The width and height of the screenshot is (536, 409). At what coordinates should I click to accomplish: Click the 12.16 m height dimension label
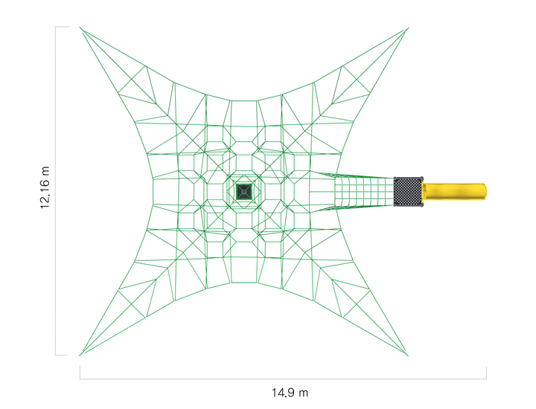click(x=45, y=187)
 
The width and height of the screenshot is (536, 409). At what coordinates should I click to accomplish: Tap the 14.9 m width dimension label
click(x=290, y=393)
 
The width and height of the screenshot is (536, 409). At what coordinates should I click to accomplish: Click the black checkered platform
click(x=408, y=192)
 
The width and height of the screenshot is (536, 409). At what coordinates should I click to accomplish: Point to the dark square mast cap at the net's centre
click(x=244, y=192)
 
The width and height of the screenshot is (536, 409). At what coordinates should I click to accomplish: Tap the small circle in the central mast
click(x=244, y=192)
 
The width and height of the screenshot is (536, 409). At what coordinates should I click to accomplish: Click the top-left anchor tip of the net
click(x=80, y=28)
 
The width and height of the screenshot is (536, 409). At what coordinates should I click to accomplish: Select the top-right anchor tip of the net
click(x=409, y=28)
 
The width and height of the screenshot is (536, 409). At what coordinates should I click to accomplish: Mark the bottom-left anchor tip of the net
click(x=80, y=355)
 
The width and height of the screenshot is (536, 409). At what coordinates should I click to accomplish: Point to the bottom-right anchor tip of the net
click(x=408, y=355)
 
